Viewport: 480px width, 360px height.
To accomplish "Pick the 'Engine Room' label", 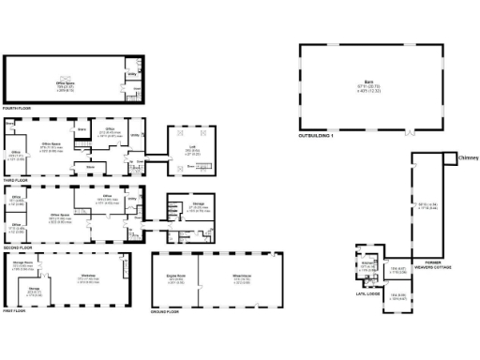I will coord(174,277).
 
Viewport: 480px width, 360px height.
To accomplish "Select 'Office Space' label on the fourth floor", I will coord(66,83).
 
